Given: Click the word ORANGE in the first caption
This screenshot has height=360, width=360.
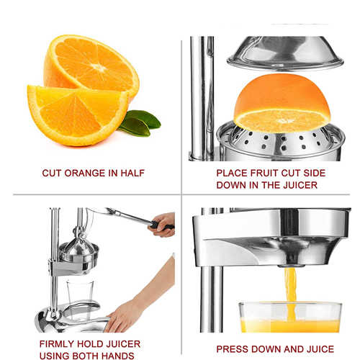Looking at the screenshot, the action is click(x=85, y=173).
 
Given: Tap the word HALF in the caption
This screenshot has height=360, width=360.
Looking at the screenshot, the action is click(x=132, y=173).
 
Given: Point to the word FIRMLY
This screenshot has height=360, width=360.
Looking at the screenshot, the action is click(x=57, y=344).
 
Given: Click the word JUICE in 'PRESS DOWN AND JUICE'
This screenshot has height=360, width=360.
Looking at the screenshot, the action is click(x=319, y=349).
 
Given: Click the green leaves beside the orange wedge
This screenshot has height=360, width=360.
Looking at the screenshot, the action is click(x=140, y=123).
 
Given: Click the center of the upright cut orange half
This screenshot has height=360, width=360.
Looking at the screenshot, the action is click(x=97, y=67).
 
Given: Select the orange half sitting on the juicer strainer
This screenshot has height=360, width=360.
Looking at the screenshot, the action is click(x=282, y=103).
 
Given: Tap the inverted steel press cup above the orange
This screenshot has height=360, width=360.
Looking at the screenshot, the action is click(x=285, y=53).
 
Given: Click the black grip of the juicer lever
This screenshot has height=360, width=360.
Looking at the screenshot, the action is click(x=162, y=225).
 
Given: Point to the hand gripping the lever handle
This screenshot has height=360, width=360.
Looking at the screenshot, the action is click(x=163, y=225).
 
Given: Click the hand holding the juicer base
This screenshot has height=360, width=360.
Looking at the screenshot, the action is click(x=120, y=317).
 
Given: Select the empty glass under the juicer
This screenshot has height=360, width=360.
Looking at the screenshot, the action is click(x=79, y=299).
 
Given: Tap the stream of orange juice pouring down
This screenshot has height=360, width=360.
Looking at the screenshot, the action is click(x=291, y=293).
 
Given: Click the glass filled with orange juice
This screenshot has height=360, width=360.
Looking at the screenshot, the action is click(x=290, y=318).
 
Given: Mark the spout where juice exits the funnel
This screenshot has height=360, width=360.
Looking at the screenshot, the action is click(x=291, y=266).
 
